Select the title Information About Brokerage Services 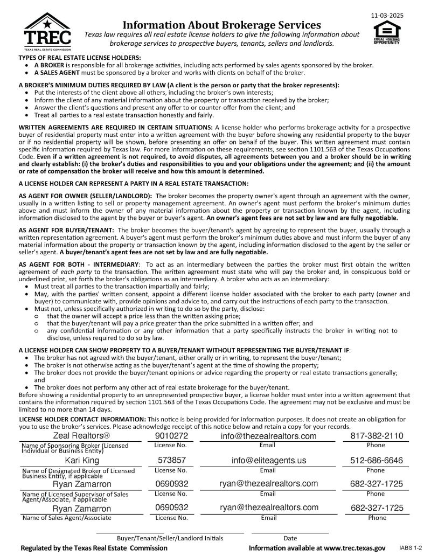[x=222, y=25]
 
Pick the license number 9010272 [x=171, y=435]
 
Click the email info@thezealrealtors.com [x=268, y=435]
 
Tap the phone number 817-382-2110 [x=377, y=435]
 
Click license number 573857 [x=171, y=460]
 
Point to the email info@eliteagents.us [x=268, y=460]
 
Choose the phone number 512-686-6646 [x=377, y=460]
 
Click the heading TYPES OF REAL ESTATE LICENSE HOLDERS [x=80, y=57]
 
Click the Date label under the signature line [x=290, y=538]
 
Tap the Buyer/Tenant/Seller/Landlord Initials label [x=170, y=538]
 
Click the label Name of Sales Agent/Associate [x=66, y=518]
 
